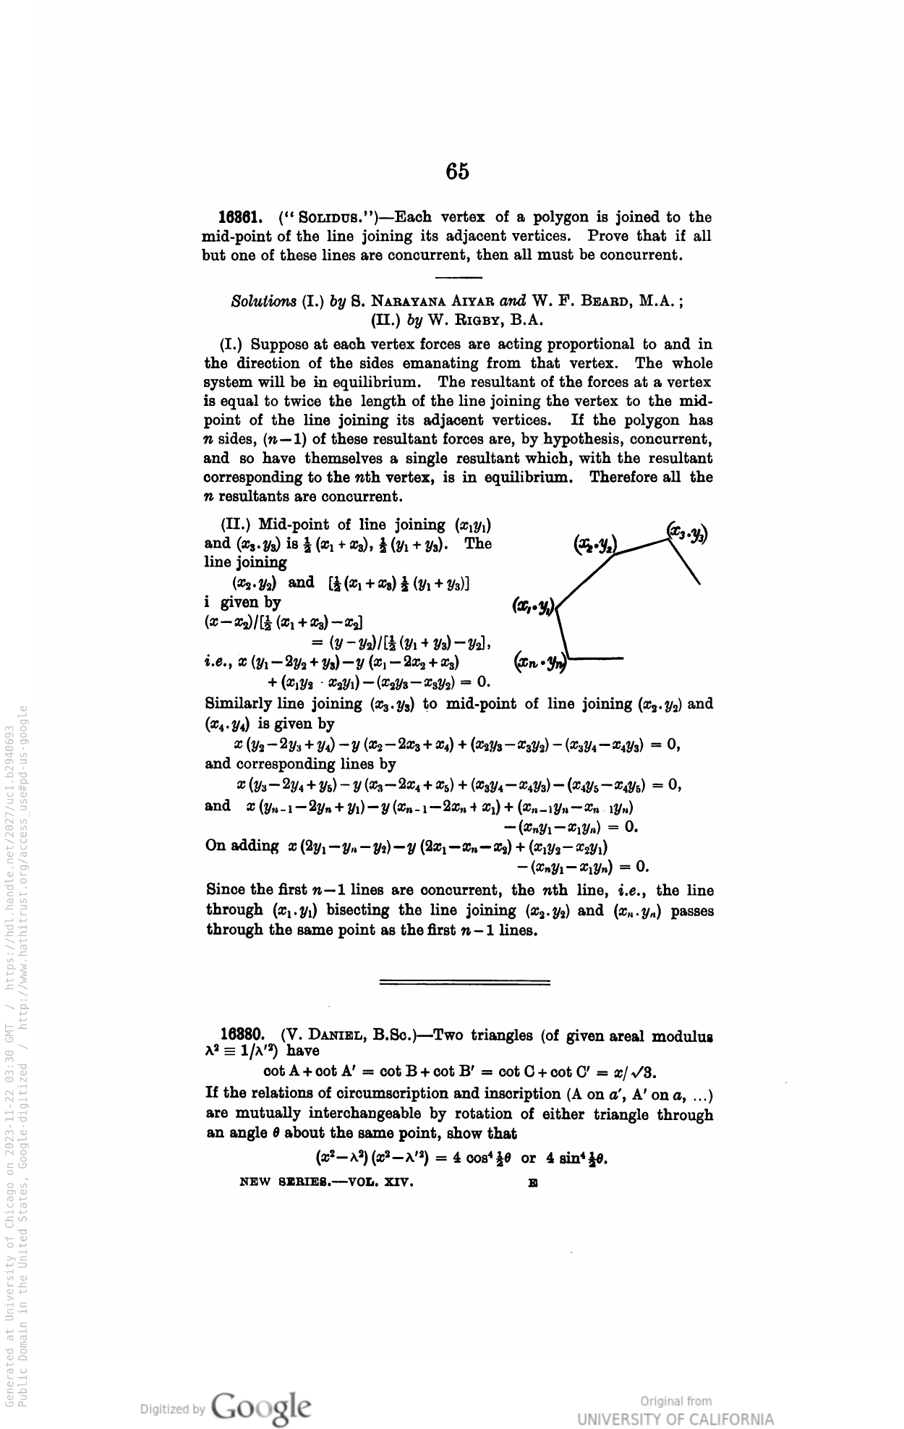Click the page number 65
pos(457,171)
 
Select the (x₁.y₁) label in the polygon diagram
pos(533,606)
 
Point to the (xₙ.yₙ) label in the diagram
pos(540,660)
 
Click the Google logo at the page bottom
pos(263,1407)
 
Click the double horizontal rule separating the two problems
pos(465,982)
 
